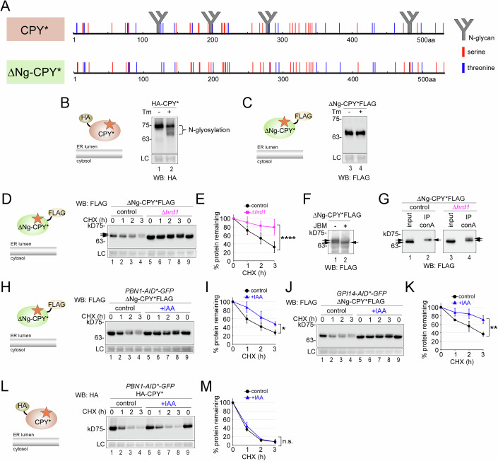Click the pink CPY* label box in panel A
[35, 29]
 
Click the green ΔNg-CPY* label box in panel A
[35, 72]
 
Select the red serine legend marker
[463, 52]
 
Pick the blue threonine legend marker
[463, 68]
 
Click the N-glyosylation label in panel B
[209, 129]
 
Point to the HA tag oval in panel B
[85, 118]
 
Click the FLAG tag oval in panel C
[303, 117]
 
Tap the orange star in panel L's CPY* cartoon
[47, 412]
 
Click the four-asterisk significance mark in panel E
[288, 238]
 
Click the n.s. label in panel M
[287, 441]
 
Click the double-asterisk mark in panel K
[493, 327]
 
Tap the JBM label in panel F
[320, 226]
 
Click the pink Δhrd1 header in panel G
[461, 207]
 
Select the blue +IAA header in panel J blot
[379, 310]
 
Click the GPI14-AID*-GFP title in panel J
[362, 293]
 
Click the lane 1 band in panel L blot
[112, 428]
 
